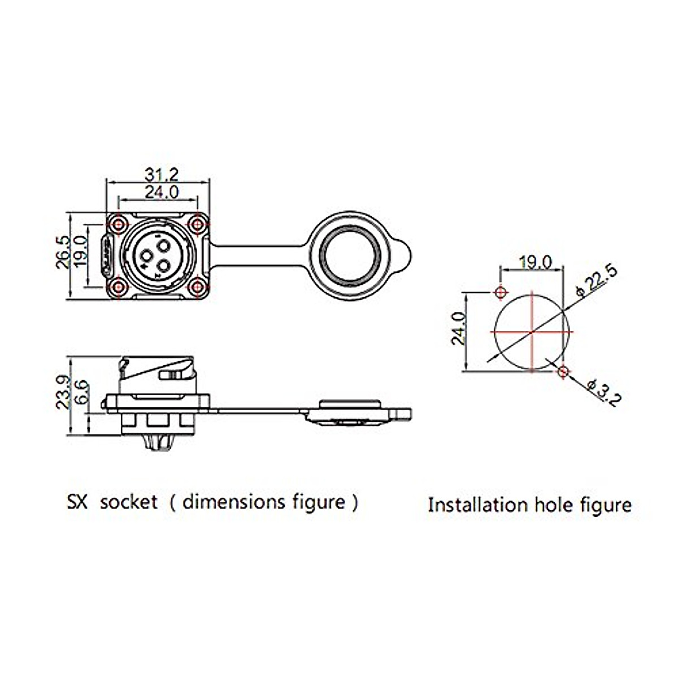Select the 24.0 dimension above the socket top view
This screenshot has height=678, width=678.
pos(162,192)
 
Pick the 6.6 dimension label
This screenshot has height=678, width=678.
pos(81,392)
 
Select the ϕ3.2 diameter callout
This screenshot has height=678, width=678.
pos(603,392)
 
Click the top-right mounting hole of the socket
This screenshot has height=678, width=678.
pos(197,224)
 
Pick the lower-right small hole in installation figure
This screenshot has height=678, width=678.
pos(562,371)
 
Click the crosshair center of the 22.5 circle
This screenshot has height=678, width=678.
pos(532,332)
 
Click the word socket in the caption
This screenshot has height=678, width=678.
pos(128,502)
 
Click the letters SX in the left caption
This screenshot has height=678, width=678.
pos(77,502)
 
